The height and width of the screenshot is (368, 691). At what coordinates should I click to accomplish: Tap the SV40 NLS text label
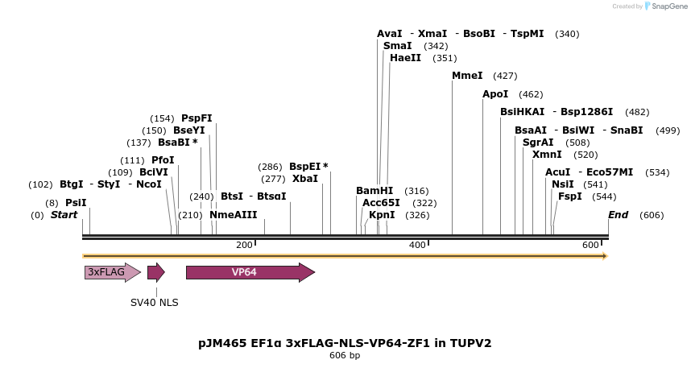(155, 303)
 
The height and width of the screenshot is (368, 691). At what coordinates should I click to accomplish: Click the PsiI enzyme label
(76, 203)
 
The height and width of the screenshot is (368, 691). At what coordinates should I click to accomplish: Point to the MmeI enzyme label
(467, 76)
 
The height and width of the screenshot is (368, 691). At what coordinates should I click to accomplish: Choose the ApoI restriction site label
(495, 94)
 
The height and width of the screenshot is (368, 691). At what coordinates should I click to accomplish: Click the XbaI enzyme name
(305, 179)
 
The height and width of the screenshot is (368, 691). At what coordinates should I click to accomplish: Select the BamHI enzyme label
(374, 191)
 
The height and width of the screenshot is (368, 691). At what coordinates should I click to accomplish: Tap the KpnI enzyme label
(382, 215)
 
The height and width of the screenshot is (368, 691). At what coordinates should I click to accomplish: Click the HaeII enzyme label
(405, 58)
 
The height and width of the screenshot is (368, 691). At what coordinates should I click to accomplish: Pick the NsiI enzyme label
(563, 184)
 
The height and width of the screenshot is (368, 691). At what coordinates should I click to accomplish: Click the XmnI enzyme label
(548, 155)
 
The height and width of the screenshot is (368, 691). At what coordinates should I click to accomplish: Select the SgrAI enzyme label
(538, 143)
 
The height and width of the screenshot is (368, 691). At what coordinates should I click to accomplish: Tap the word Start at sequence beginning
(64, 215)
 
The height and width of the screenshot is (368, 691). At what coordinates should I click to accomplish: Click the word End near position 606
(619, 215)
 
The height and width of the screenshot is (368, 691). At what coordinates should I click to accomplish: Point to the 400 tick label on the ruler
(417, 245)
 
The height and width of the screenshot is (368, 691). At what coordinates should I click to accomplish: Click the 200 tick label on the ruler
(244, 245)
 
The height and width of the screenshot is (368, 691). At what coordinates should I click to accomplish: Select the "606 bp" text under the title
(345, 356)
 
